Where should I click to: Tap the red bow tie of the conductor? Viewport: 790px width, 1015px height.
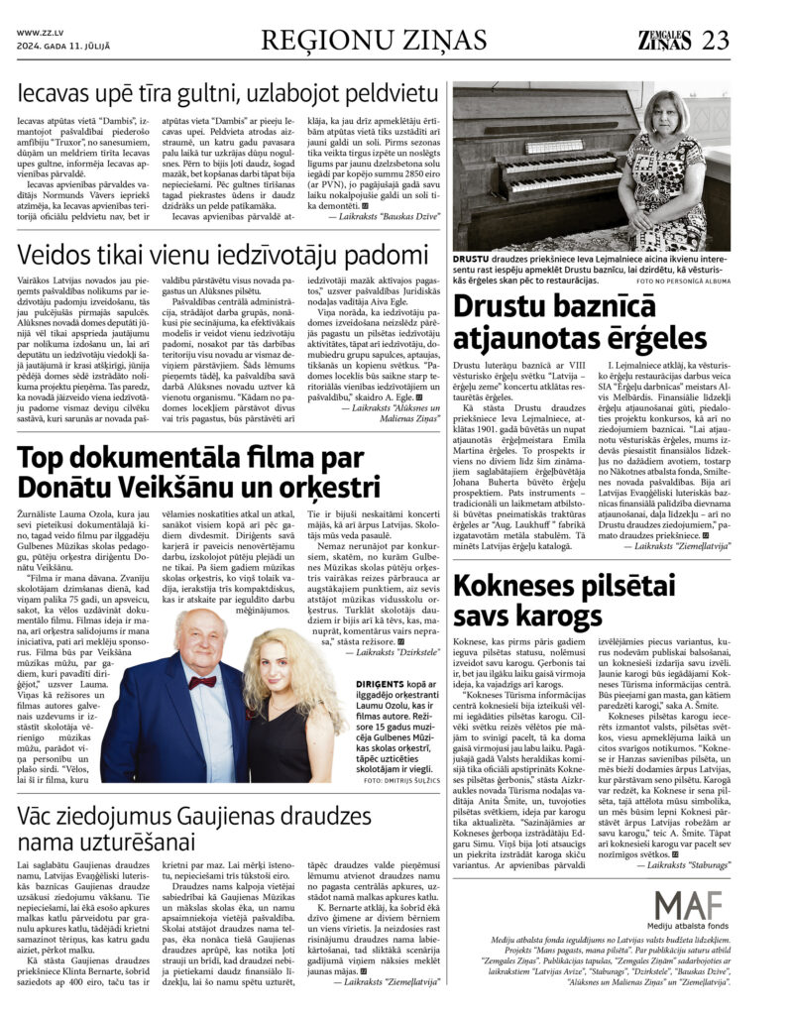(202, 682)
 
